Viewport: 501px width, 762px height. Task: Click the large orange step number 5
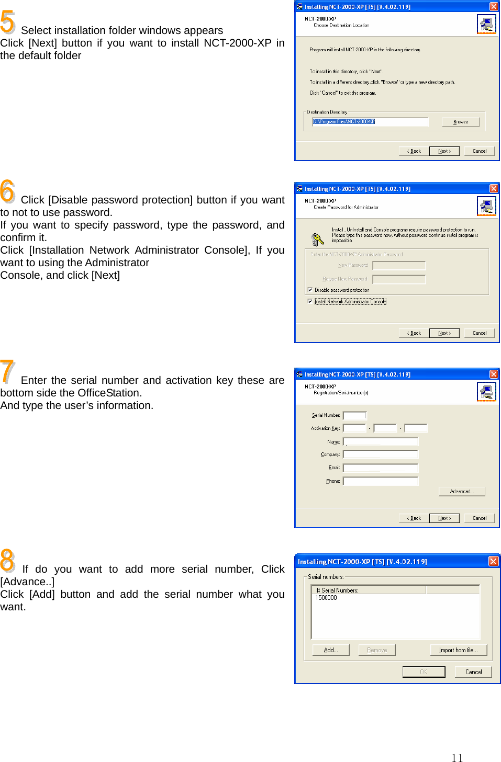(x=8, y=22)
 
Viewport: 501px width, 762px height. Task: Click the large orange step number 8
(x=8, y=560)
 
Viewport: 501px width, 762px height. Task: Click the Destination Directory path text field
(x=370, y=121)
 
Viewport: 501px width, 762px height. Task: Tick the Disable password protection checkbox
(x=310, y=289)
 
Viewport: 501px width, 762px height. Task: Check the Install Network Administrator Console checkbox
(x=310, y=301)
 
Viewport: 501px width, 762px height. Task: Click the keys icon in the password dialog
(x=317, y=240)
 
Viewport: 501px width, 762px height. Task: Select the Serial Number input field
(x=354, y=415)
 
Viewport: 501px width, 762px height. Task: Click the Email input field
(x=381, y=468)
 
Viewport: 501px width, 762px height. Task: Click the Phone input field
(x=381, y=481)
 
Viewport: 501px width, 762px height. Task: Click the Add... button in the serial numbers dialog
(x=330, y=650)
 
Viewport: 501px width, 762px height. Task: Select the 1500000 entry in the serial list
(x=326, y=598)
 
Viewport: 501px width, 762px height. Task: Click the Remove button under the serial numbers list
(x=377, y=650)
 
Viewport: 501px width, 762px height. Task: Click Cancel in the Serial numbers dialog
(x=473, y=672)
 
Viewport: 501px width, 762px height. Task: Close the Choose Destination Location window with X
(x=494, y=7)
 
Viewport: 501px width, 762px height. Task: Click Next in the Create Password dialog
(x=444, y=333)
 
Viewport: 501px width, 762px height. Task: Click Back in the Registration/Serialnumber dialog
(x=414, y=518)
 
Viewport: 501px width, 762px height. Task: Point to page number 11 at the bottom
(x=457, y=758)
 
